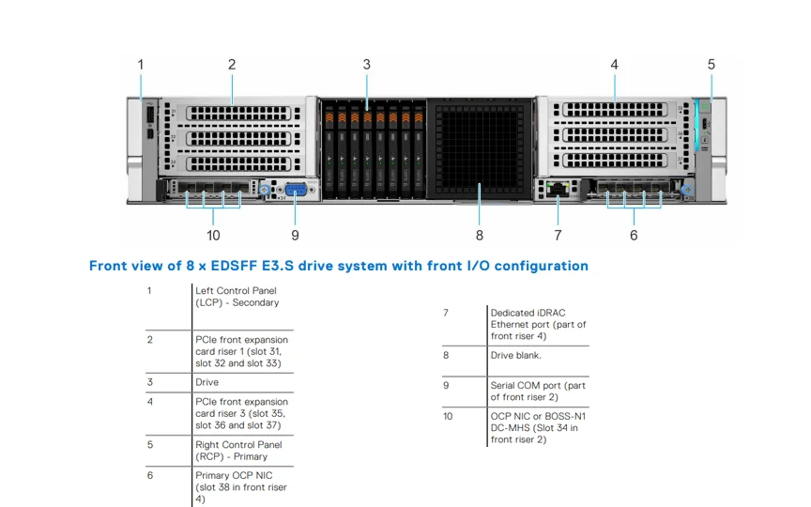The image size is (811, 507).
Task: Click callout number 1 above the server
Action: [x=141, y=65]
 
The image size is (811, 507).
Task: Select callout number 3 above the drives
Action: [x=367, y=65]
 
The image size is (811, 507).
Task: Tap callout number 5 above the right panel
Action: [x=712, y=65]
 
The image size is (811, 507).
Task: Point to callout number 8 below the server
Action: [x=480, y=235]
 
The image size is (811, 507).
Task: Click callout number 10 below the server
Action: [x=213, y=235]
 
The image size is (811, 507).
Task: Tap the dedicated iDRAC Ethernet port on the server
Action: [x=559, y=190]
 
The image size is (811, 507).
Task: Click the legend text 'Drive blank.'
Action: [x=515, y=356]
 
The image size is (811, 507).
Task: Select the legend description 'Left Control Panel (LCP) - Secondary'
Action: [x=237, y=297]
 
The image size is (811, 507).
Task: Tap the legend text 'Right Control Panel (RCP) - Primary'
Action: [x=237, y=451]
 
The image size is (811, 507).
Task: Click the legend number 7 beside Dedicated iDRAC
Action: [x=446, y=313]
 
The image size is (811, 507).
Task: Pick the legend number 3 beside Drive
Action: [x=149, y=382]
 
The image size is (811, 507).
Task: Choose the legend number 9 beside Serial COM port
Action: [x=446, y=385]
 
